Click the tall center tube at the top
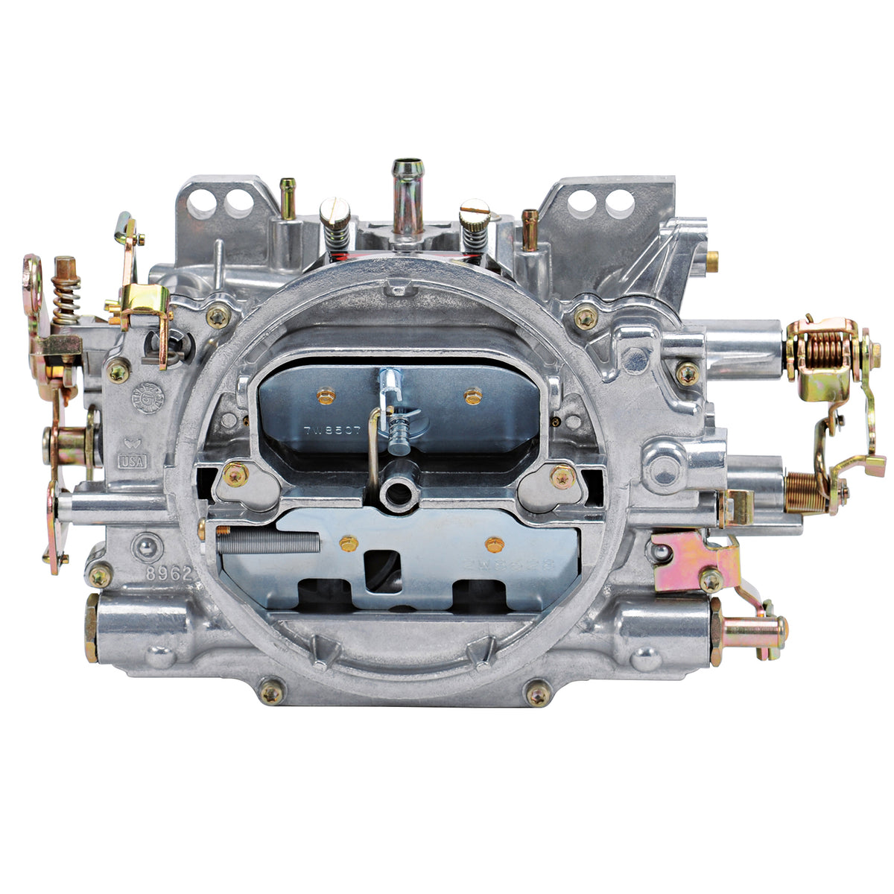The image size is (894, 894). click(408, 197)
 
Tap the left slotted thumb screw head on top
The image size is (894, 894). click(335, 212)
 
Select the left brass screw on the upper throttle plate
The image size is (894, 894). click(325, 396)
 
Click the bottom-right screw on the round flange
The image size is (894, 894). click(538, 694)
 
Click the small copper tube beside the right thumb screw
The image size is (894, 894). click(530, 229)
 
